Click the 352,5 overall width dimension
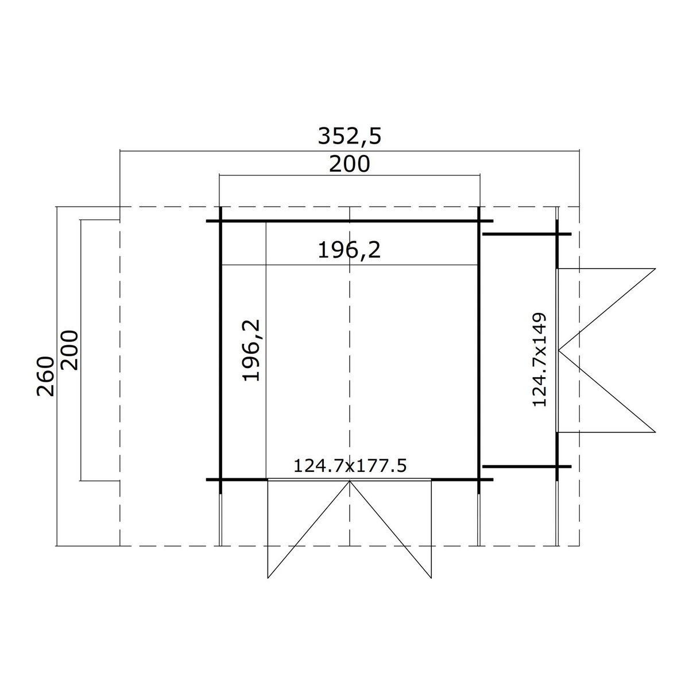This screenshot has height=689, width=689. pyautogui.click(x=349, y=136)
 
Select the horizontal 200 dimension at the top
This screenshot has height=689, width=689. pyautogui.click(x=349, y=164)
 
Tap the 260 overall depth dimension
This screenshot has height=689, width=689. pyautogui.click(x=46, y=376)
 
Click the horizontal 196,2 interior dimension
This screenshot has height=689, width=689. pyautogui.click(x=349, y=250)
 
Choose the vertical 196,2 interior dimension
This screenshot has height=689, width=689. pyautogui.click(x=251, y=350)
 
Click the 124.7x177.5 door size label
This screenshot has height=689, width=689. pyautogui.click(x=350, y=466)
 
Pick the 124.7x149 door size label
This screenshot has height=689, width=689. pyautogui.click(x=540, y=359)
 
